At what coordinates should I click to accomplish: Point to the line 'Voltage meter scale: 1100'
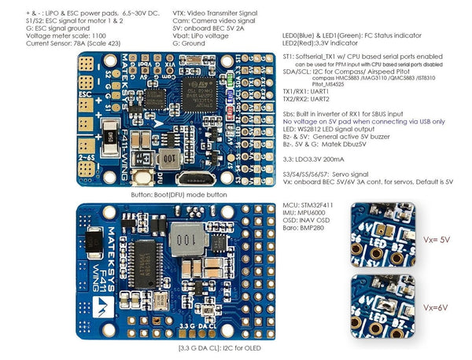[46, 35]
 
